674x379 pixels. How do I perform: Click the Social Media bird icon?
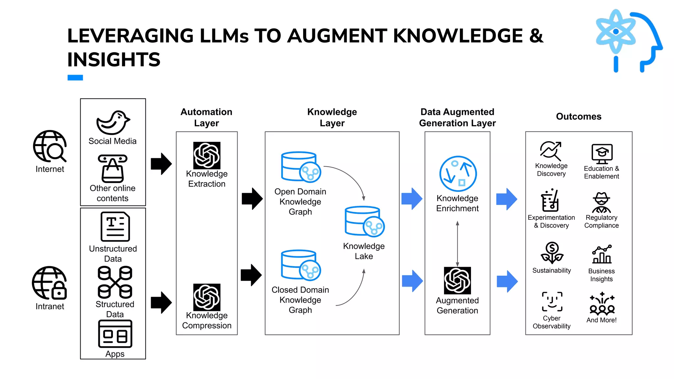(113, 123)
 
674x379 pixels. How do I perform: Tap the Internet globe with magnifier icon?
(50, 146)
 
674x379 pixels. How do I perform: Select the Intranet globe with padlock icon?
(49, 283)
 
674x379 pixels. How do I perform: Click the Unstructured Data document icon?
(115, 227)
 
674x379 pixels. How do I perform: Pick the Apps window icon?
(115, 334)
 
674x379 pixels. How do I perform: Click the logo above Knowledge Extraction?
(207, 155)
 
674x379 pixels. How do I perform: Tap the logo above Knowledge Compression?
(207, 297)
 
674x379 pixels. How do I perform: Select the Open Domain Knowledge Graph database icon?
(300, 167)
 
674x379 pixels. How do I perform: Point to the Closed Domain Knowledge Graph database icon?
(300, 265)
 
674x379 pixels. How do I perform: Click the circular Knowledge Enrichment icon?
(458, 174)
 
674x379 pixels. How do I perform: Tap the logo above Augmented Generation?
(457, 280)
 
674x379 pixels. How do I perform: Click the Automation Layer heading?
(206, 117)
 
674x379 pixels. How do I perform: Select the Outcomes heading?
(579, 116)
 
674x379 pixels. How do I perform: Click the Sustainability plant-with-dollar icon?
(552, 253)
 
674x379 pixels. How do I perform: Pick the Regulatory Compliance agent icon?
(602, 202)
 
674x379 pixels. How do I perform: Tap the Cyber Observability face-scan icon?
(552, 301)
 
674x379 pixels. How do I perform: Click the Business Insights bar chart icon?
(602, 254)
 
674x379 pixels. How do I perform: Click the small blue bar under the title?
(75, 78)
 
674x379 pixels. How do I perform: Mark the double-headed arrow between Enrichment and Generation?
(457, 243)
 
